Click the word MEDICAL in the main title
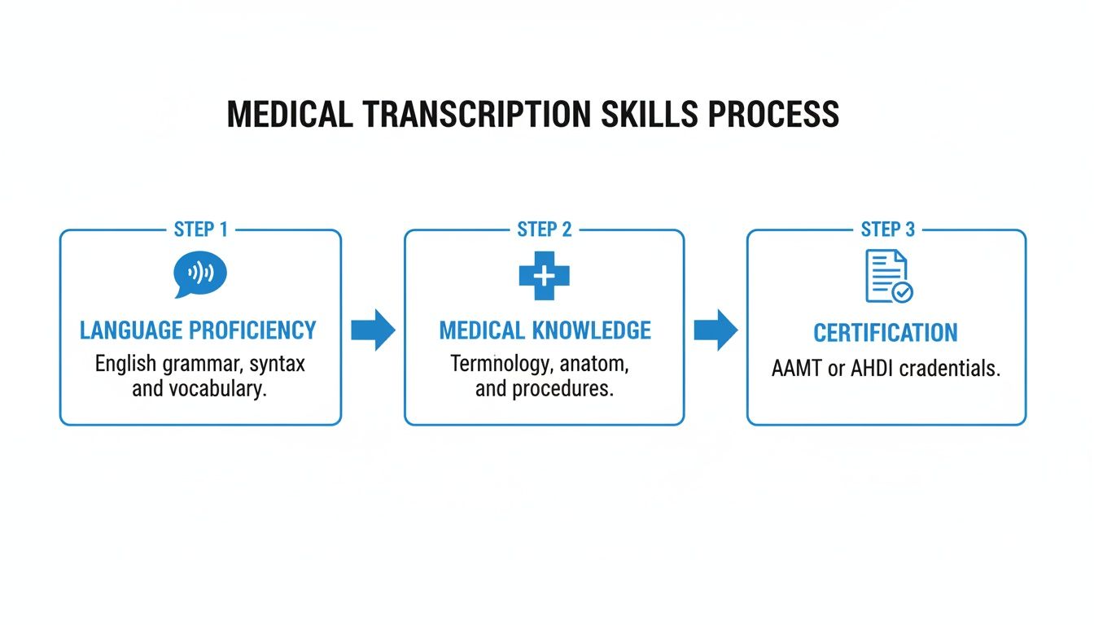pyautogui.click(x=289, y=115)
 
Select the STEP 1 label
pyautogui.click(x=200, y=230)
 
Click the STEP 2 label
pyautogui.click(x=545, y=230)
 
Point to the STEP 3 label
pyautogui.click(x=887, y=230)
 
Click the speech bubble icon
pyautogui.click(x=200, y=275)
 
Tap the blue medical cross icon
pyautogui.click(x=545, y=276)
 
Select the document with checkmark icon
pyautogui.click(x=887, y=277)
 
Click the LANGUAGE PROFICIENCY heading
pyautogui.click(x=198, y=330)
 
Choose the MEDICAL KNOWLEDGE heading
pyautogui.click(x=545, y=330)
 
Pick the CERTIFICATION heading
pyautogui.click(x=886, y=333)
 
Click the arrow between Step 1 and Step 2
pyautogui.click(x=373, y=330)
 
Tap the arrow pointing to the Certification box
pyautogui.click(x=715, y=330)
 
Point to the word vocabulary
pyautogui.click(x=217, y=389)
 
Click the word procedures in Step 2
pyautogui.click(x=567, y=389)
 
